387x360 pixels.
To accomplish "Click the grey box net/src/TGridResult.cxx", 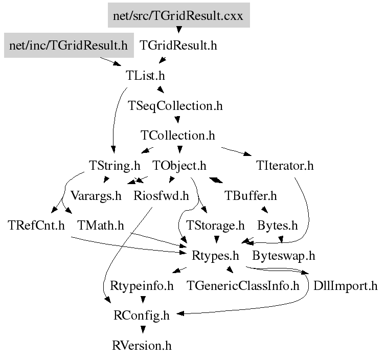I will [x=178, y=15].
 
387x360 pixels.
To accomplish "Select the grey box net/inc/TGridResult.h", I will [x=69, y=46].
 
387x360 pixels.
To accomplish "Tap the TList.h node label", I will [x=146, y=76].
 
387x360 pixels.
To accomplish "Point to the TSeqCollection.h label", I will [x=175, y=106].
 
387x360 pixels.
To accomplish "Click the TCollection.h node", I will [x=177, y=136].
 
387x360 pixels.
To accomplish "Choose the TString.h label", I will [x=115, y=166].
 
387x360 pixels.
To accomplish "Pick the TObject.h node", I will [x=179, y=166].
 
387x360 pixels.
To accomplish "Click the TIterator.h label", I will [x=285, y=166].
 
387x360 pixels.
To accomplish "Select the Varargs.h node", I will [x=96, y=195].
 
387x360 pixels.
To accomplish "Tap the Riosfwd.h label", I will [x=161, y=195].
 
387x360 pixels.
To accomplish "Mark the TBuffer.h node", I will [x=251, y=195].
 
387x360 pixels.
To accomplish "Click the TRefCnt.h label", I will [x=36, y=226].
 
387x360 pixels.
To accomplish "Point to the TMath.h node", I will [x=101, y=226].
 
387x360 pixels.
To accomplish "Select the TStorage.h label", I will [x=215, y=226].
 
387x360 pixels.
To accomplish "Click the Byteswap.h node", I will [x=284, y=255].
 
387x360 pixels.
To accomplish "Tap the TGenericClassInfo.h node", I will [x=243, y=285].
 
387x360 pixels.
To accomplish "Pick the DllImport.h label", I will [x=346, y=285].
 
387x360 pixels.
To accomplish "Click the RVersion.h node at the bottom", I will [x=142, y=346].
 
